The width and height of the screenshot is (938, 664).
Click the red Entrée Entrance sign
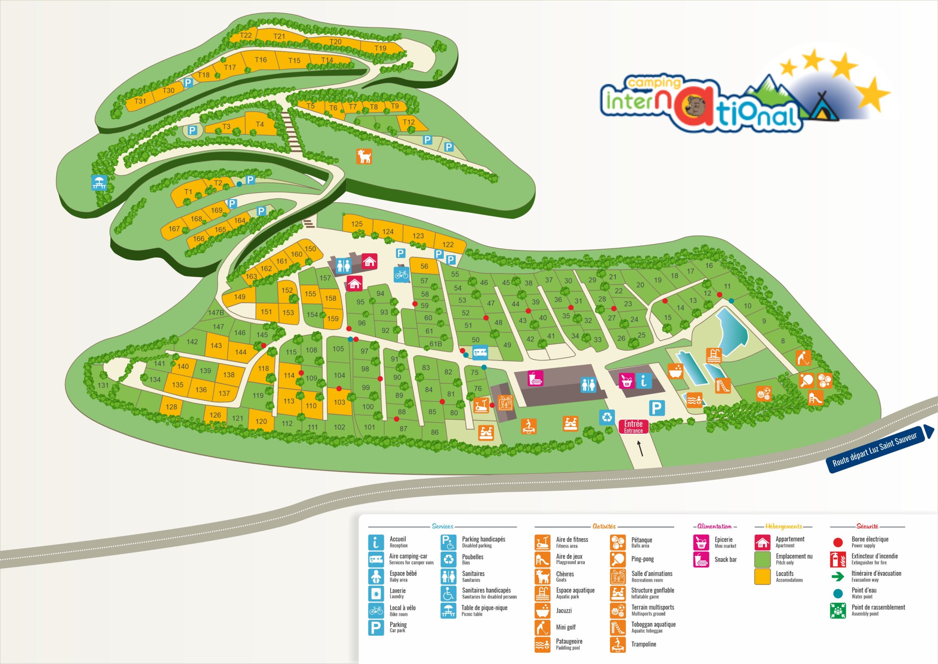[633, 426]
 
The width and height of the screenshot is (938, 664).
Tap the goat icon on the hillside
[364, 156]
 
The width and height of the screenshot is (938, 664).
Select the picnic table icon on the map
[99, 183]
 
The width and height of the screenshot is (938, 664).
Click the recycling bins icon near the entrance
[607, 417]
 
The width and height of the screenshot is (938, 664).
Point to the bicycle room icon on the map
[402, 274]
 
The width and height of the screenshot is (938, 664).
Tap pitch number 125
[357, 224]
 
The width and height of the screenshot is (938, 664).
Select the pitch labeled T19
[380, 48]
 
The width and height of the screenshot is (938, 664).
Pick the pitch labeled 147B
[216, 313]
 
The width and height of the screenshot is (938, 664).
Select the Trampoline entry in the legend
[643, 644]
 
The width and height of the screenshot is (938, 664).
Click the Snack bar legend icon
[701, 560]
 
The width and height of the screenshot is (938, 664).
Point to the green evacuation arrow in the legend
[838, 576]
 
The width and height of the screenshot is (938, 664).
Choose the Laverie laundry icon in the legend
[376, 593]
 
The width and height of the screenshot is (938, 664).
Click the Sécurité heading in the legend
[867, 526]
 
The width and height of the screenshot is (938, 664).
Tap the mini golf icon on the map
[803, 358]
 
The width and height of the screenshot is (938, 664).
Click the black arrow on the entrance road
[640, 450]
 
